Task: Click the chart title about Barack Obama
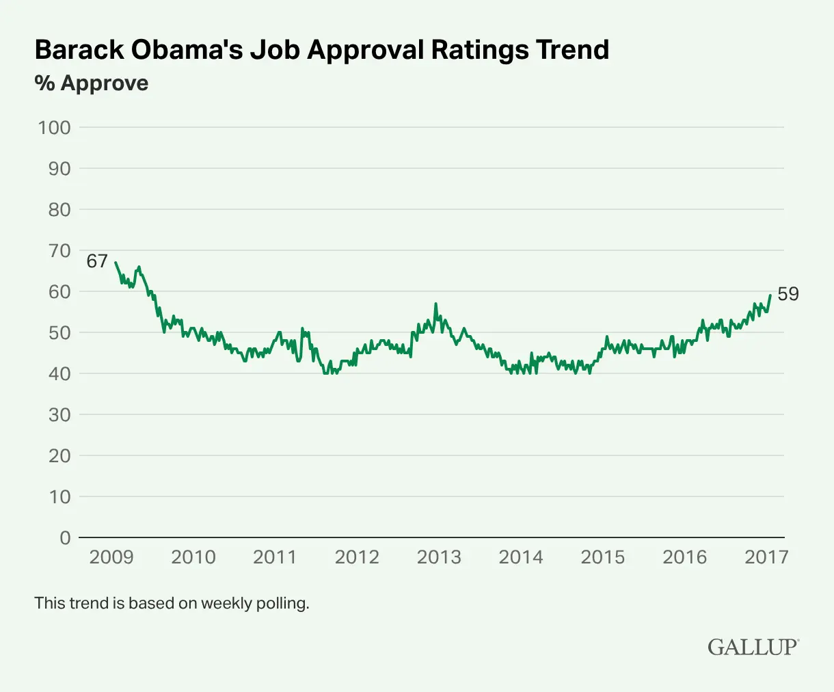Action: pyautogui.click(x=321, y=50)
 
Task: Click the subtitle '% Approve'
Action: pyautogui.click(x=92, y=83)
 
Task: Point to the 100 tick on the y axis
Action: pyautogui.click(x=55, y=128)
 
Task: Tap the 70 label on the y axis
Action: pyautogui.click(x=59, y=251)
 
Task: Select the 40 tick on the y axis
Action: pyautogui.click(x=59, y=374)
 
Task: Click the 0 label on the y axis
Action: pyautogui.click(x=65, y=538)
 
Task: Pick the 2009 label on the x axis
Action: pyautogui.click(x=111, y=557)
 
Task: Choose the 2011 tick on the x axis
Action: pyautogui.click(x=275, y=557)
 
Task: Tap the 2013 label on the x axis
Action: pyautogui.click(x=439, y=557)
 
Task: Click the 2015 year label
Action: pyautogui.click(x=603, y=557)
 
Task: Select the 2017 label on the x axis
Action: pyautogui.click(x=766, y=557)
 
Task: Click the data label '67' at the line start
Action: pyautogui.click(x=97, y=261)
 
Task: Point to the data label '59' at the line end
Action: pyautogui.click(x=788, y=294)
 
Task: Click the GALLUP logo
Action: pyautogui.click(x=753, y=647)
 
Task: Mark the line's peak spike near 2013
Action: pyautogui.click(x=435, y=304)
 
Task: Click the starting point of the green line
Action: pyautogui.click(x=115, y=263)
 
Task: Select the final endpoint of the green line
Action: pyautogui.click(x=770, y=295)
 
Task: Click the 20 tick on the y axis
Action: pyautogui.click(x=59, y=456)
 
